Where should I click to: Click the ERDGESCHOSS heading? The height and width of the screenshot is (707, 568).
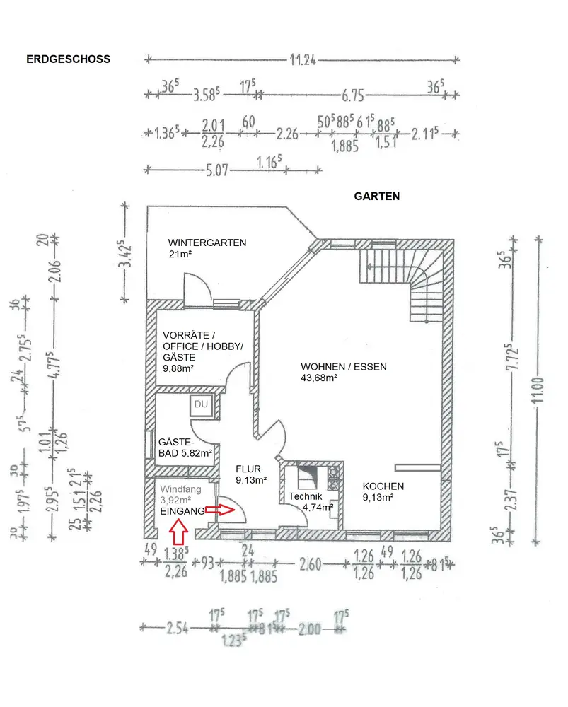coord(68,59)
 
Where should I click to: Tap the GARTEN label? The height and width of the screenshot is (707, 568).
coord(376,197)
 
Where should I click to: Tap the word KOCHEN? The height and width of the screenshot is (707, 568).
coord(383,486)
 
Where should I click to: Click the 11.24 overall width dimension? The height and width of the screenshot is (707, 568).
coord(302,60)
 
